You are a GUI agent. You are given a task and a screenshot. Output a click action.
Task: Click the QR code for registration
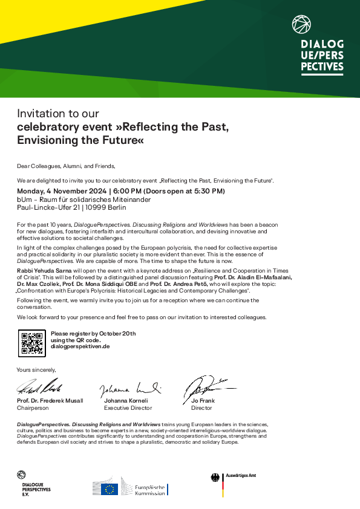[31, 343]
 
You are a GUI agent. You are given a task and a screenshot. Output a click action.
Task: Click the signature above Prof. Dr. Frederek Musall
[39, 387]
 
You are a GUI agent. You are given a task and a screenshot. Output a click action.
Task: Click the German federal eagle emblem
[215, 478]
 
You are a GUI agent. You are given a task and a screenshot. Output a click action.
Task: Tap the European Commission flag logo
[110, 489]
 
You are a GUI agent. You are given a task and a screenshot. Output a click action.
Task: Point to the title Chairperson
[33, 408]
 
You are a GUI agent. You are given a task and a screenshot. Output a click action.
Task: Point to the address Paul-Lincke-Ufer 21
[50, 207]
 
